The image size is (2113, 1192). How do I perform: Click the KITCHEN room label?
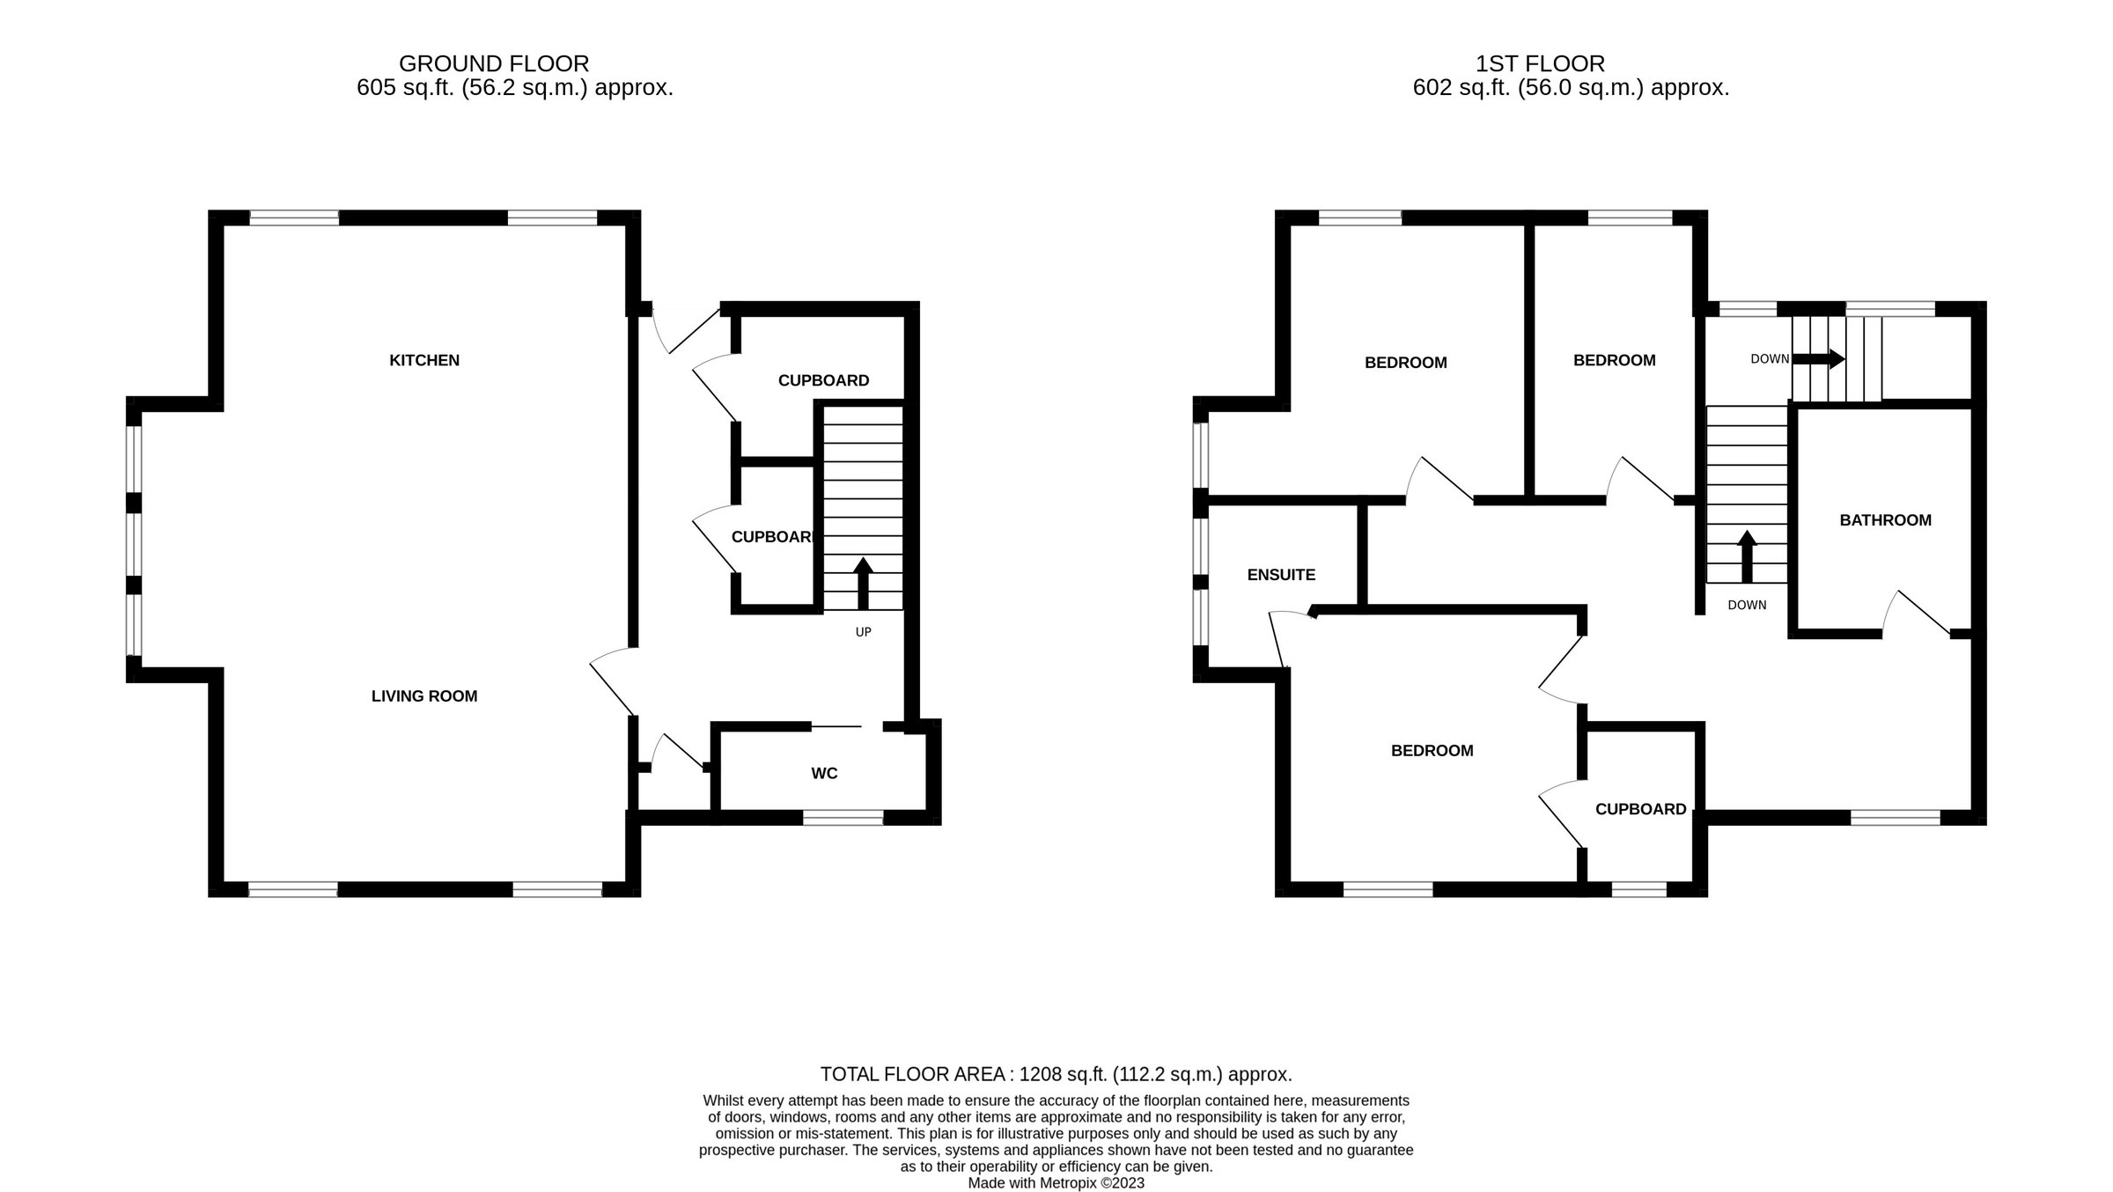(424, 360)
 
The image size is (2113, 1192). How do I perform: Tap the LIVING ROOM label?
(424, 696)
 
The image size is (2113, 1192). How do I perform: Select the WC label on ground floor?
(824, 774)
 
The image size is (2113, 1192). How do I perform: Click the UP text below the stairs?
(863, 632)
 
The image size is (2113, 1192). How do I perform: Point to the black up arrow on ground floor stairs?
(863, 582)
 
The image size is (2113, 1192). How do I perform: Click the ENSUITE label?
(1281, 575)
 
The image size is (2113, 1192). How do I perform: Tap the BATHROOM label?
(1885, 520)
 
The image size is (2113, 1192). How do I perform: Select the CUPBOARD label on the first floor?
(1640, 809)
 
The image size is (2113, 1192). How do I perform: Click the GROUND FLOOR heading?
(494, 63)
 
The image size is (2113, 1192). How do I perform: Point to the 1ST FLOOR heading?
(1540, 63)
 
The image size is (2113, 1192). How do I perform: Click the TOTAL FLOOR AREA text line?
(1056, 1074)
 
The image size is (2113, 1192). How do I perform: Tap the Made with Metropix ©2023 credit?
(1056, 1183)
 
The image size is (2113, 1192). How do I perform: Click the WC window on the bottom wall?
(843, 819)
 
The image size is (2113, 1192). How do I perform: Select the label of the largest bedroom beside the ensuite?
(1432, 751)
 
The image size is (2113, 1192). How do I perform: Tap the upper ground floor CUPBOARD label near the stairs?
(823, 380)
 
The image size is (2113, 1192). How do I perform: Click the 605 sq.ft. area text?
(514, 88)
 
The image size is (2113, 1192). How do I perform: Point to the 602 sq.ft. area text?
(1571, 88)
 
